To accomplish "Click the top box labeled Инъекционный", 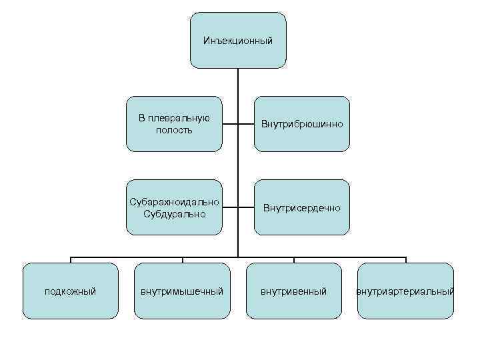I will coord(238,41).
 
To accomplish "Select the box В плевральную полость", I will coord(174,124).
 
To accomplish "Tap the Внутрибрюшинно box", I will coord(301,124).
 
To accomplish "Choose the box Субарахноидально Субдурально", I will coord(174,207).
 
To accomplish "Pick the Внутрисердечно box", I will coord(301,208).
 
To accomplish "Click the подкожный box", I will coord(70,291).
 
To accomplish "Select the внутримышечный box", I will coord(182,291).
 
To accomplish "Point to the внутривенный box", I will coord(294,291).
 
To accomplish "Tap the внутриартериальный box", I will coord(405,291).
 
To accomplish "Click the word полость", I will coord(174,130).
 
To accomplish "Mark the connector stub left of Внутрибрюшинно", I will coord(246,124).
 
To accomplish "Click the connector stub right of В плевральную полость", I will coord(229,124).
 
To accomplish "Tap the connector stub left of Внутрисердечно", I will coord(246,207).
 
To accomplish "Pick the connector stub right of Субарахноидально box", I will coord(229,207).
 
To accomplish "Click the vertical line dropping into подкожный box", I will coord(70,259).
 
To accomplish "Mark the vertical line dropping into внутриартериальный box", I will coord(405,259).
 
